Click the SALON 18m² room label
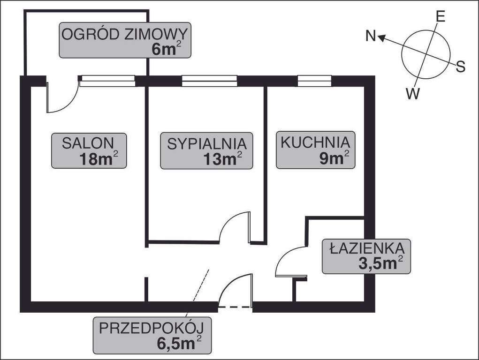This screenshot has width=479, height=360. (x=89, y=150)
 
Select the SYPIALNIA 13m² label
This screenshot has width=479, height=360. (x=206, y=150)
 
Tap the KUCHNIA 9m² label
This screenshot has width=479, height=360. (x=315, y=150)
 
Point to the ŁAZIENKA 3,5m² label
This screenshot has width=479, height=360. (x=366, y=256)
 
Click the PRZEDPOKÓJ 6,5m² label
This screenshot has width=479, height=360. (x=152, y=335)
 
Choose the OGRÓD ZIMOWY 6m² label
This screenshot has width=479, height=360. (x=125, y=40)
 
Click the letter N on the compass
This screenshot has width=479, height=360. (x=371, y=36)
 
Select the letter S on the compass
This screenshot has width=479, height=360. (x=460, y=67)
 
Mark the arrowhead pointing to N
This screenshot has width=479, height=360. (x=382, y=38)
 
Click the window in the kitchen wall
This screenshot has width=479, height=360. (x=314, y=81)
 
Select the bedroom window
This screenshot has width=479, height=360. (x=209, y=81)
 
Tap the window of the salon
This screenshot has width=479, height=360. (x=107, y=81)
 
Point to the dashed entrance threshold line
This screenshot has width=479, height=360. (x=235, y=307)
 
